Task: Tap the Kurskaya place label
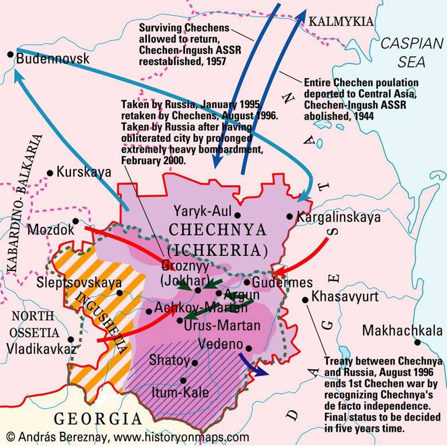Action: [x=77, y=172]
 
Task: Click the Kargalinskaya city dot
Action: [x=290, y=217]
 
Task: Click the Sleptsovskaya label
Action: [x=78, y=282]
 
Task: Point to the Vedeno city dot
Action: [x=248, y=346]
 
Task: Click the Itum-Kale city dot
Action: [x=183, y=380]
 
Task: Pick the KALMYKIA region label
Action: [x=341, y=22]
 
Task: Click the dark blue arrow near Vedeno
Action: [x=252, y=364]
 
